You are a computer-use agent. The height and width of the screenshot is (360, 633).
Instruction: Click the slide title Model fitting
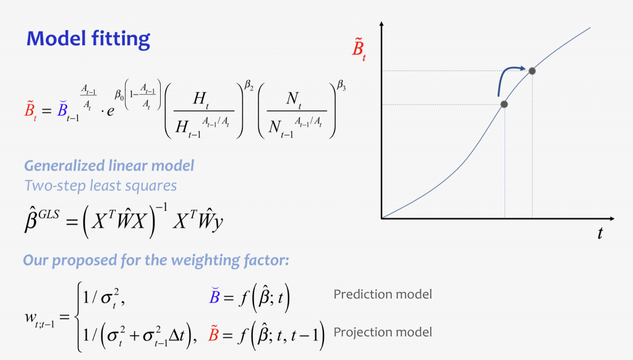pos(88,39)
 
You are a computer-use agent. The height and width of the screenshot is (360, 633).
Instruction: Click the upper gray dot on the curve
pos(532,71)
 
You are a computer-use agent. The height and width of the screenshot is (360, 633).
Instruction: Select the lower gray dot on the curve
pos(504,105)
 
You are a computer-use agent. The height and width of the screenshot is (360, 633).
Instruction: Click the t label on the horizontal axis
pos(600,233)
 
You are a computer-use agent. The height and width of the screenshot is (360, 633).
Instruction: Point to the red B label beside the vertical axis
pos(359,49)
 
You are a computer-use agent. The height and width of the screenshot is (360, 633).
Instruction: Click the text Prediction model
pos(382,294)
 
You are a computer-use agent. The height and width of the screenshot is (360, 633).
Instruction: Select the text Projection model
pos(382,332)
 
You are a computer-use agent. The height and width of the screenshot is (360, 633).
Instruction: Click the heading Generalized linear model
pos(109,166)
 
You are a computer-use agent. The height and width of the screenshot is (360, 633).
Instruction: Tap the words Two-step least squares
pos(101,186)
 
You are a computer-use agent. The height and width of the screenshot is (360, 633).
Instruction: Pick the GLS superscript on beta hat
pos(49,214)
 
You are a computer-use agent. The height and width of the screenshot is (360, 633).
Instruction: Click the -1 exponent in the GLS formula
pos(161,208)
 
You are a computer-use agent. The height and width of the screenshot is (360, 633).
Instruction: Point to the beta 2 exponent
pos(249,85)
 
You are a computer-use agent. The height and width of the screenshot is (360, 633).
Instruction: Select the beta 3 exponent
pos(341,85)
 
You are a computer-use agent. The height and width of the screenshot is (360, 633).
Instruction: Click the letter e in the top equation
pos(111,111)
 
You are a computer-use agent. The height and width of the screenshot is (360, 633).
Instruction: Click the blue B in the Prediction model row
pos(215,296)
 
